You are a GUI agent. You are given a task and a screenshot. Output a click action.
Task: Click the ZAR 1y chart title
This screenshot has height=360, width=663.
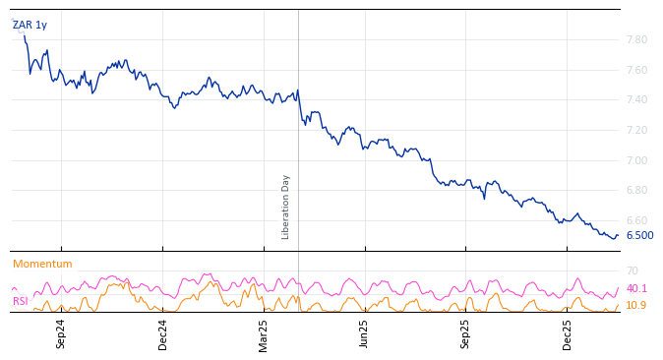coord(30,26)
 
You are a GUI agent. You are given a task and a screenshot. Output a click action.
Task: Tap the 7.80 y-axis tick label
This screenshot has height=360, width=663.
coord(635,39)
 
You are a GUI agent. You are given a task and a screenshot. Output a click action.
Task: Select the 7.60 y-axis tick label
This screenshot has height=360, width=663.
coord(635,70)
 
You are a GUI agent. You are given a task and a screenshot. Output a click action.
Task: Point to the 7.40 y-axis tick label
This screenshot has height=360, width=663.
coord(635,100)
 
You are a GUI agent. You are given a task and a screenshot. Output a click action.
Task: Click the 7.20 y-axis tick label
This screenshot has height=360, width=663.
coord(635,130)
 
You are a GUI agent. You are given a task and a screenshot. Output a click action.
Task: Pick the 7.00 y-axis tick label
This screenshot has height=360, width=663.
coord(635,160)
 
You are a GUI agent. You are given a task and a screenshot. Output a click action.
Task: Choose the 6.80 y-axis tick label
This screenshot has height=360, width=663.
coord(635,191)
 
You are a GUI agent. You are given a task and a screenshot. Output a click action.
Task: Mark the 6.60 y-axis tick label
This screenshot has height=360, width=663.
coord(635,220)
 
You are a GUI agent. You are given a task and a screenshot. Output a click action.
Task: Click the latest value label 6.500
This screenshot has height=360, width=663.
coord(639,236)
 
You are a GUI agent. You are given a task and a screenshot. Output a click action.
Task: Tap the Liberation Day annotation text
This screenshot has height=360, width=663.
coord(286,207)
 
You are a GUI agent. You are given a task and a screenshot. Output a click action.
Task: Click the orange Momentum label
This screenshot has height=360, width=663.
coord(42,265)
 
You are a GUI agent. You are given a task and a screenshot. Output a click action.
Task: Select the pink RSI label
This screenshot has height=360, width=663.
coord(21,301)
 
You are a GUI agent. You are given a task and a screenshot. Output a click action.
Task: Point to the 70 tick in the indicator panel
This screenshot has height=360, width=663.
coord(632,270)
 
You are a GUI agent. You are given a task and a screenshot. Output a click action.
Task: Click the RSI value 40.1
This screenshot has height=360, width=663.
coord(636,289)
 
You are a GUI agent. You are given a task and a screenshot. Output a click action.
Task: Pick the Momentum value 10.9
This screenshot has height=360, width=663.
coord(636,306)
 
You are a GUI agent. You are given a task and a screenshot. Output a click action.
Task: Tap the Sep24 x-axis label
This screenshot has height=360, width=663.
coord(61,334)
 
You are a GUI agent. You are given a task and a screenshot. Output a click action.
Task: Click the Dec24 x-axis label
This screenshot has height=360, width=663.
coord(163,334)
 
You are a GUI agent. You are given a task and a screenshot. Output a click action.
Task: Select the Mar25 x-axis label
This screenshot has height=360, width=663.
coord(264,334)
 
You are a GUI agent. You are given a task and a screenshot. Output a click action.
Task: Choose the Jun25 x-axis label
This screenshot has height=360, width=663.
coord(365,334)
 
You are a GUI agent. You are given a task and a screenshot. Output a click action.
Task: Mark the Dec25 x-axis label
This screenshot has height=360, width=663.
coord(568,334)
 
